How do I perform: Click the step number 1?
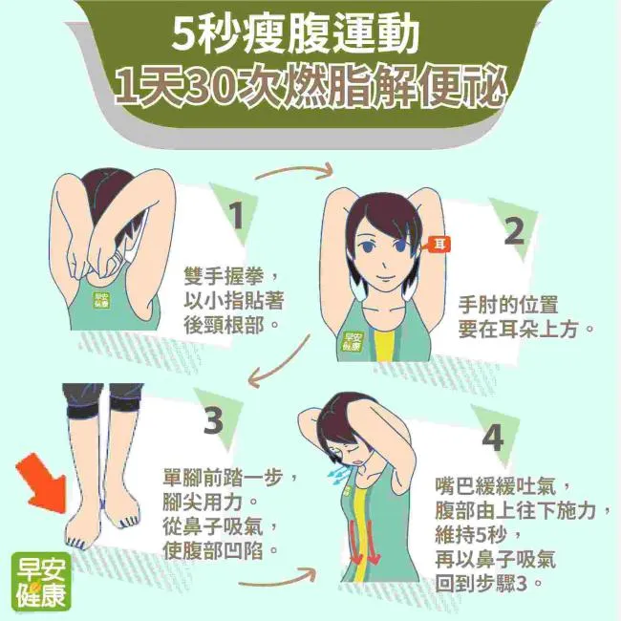pos(237,216)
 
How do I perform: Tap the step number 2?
pos(514,231)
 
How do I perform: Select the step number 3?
pos(213,420)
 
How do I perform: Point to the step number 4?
pos(494,438)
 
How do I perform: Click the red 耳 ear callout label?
pos(438,245)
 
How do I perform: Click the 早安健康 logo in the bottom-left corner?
pos(41,582)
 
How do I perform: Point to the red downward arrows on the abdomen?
pos(365,542)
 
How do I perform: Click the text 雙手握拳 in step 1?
pos(224,276)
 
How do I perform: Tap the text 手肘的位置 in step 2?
pos(508,305)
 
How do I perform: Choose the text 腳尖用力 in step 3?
pos(203,503)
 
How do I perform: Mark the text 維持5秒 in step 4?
pos(471,535)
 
